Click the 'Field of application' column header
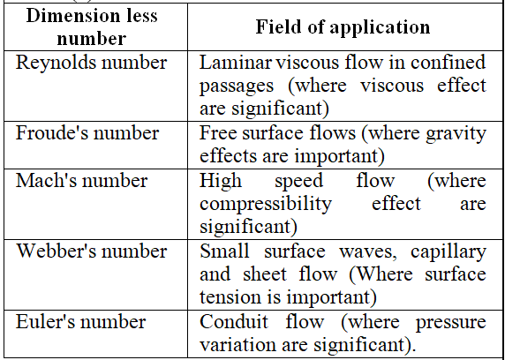[x=343, y=27]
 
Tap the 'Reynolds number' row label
[x=92, y=63]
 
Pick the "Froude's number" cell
[x=87, y=133]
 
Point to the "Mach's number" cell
[x=82, y=180]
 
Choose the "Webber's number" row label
[x=92, y=251]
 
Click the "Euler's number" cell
[x=81, y=322]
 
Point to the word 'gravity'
[x=456, y=133]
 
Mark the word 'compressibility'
[x=266, y=204]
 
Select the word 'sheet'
[x=265, y=274]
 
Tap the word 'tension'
[x=228, y=296]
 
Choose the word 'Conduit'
[x=234, y=322]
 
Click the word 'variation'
[x=237, y=344]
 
